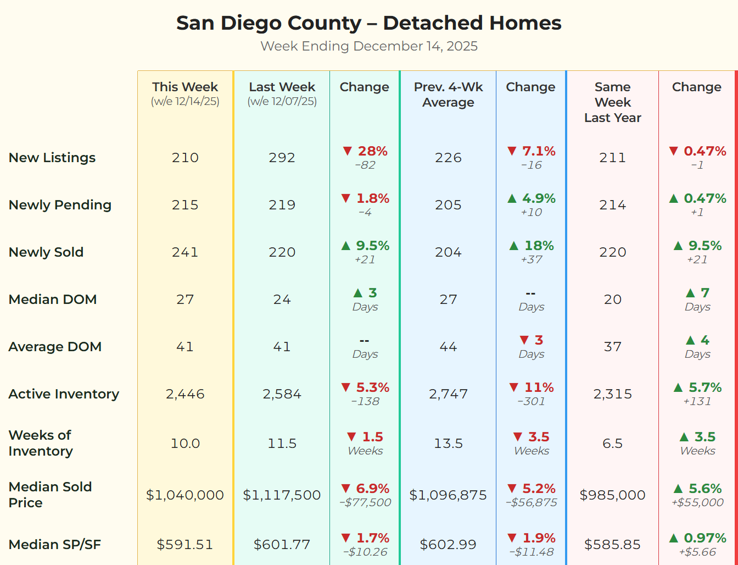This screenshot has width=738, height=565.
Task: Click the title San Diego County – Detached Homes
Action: (x=368, y=23)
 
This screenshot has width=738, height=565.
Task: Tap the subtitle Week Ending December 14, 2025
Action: (x=368, y=46)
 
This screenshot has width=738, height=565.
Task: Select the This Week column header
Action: (x=185, y=87)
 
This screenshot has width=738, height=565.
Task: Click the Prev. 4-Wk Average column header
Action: (x=448, y=95)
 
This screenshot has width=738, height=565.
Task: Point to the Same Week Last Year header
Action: (x=612, y=102)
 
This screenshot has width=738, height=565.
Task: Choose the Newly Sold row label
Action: (x=46, y=252)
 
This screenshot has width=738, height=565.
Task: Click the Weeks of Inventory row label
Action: (x=41, y=443)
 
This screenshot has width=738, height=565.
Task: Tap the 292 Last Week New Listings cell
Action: (x=282, y=158)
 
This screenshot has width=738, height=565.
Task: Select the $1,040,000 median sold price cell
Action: (x=185, y=495)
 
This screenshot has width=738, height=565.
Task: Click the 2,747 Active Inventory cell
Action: (x=448, y=394)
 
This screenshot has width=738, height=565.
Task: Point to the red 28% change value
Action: (x=372, y=151)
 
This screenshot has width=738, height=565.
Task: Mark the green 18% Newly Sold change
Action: (x=539, y=246)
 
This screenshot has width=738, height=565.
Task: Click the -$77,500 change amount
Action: (x=365, y=502)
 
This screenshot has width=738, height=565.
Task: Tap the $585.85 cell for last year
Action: (x=612, y=545)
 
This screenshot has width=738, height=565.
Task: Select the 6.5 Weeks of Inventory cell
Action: (x=612, y=444)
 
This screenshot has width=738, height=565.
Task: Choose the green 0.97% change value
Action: (x=705, y=538)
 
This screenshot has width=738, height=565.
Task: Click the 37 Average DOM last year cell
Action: (x=612, y=347)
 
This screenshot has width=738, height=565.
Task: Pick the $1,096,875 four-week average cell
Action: (x=448, y=495)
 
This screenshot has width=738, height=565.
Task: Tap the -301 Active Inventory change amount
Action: (x=531, y=401)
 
